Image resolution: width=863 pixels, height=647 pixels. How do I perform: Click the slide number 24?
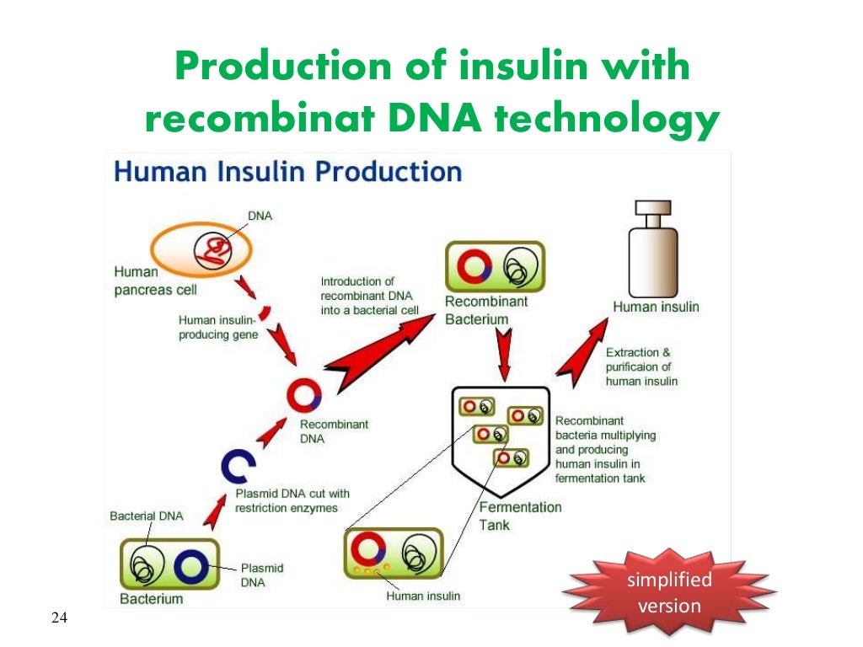[x=59, y=619]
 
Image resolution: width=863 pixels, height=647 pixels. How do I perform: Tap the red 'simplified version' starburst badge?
[x=669, y=592]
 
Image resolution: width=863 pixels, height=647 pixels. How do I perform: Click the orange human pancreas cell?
[x=201, y=249]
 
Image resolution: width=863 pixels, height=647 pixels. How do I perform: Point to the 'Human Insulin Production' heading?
[x=287, y=172]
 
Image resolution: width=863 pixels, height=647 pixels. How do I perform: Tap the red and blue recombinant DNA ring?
[x=304, y=395]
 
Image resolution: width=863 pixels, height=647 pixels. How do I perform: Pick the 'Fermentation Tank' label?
[x=519, y=516]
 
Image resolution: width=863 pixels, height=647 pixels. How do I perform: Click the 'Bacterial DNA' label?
[x=146, y=516]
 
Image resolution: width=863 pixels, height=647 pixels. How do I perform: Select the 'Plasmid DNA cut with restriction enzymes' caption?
[x=292, y=500]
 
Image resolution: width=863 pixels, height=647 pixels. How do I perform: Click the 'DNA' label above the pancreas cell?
[x=260, y=216]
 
